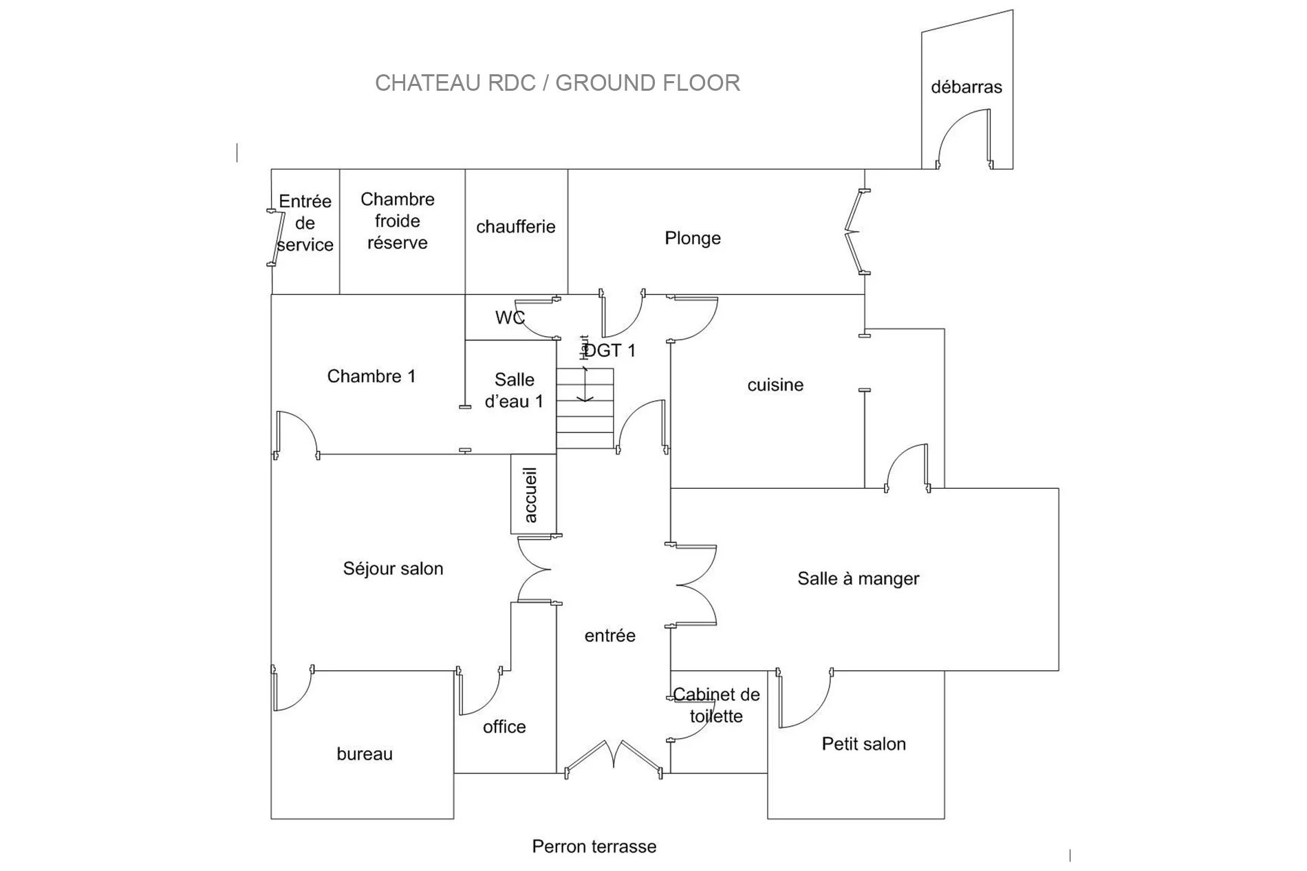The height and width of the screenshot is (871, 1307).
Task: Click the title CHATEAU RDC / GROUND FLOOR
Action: tap(557, 82)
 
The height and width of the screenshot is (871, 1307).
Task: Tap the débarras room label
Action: tap(966, 87)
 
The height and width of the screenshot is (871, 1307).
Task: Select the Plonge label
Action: tap(693, 239)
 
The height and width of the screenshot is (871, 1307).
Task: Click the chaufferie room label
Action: tap(516, 226)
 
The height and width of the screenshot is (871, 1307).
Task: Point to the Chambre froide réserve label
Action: tap(398, 221)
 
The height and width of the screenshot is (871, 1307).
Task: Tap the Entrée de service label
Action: tap(305, 223)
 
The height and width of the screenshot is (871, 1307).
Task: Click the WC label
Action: tap(510, 318)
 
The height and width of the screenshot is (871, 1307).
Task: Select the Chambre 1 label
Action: tap(371, 376)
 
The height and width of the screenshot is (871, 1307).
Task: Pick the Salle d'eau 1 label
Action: tap(514, 390)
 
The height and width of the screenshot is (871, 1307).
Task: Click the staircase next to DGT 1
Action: tap(585, 408)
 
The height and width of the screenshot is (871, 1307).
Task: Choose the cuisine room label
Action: tap(775, 385)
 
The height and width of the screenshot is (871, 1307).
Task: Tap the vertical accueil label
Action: tap(530, 495)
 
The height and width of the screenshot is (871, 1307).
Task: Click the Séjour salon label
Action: tap(393, 569)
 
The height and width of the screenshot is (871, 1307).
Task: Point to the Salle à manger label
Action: tap(858, 579)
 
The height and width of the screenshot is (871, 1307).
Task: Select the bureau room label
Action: tap(365, 754)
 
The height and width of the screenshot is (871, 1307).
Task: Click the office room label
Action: tap(504, 727)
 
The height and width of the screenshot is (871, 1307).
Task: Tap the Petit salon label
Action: tap(864, 744)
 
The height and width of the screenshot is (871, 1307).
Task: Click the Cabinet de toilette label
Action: tap(716, 705)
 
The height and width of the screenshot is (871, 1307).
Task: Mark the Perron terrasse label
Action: tap(594, 846)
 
